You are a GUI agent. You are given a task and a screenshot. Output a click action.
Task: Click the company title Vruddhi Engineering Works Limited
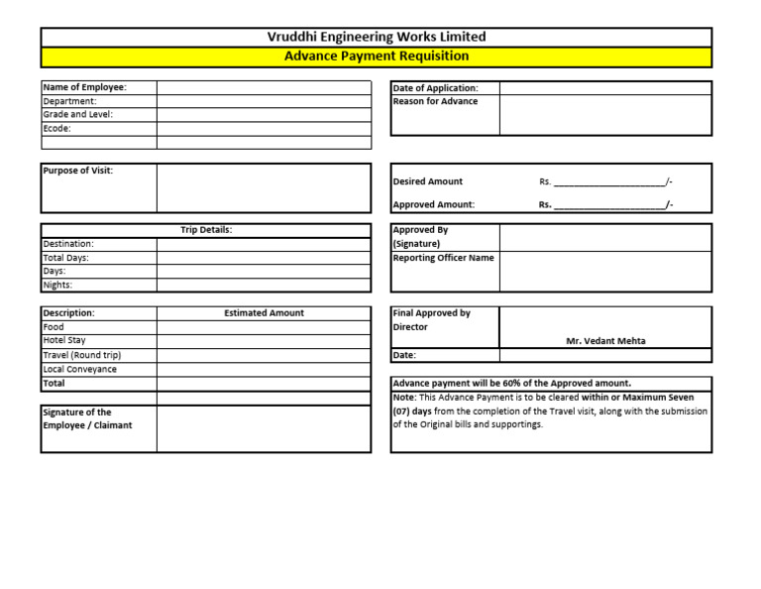(x=377, y=37)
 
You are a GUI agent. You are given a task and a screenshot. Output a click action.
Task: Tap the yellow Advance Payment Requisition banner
(x=377, y=57)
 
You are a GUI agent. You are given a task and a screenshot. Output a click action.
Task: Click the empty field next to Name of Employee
(x=263, y=87)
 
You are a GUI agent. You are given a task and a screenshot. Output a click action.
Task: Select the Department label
(x=69, y=101)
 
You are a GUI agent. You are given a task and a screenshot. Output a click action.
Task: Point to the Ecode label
(x=56, y=128)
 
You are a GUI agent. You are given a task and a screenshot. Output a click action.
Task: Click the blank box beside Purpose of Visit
(x=263, y=188)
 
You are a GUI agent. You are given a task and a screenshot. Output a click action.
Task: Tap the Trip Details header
(x=206, y=230)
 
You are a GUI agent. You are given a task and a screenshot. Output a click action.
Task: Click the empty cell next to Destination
(x=263, y=244)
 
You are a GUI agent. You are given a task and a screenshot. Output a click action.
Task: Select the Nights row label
(x=57, y=286)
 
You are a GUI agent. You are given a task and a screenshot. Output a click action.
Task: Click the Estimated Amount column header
(x=264, y=313)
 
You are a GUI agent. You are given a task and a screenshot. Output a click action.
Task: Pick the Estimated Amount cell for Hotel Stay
(x=263, y=341)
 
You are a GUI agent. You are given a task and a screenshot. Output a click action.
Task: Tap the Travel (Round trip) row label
(x=82, y=355)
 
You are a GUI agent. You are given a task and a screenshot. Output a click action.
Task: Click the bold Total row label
(x=54, y=383)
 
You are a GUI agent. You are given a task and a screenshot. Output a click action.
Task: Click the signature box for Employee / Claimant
(x=263, y=428)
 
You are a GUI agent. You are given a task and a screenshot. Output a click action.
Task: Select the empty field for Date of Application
(x=604, y=88)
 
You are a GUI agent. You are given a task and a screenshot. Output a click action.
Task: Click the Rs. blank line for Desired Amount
(x=609, y=181)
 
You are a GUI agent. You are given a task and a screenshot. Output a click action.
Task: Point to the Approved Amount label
(x=433, y=205)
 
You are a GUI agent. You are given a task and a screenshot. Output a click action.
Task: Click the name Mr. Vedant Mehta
(x=605, y=341)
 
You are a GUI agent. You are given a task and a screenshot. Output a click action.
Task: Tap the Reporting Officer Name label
(x=443, y=258)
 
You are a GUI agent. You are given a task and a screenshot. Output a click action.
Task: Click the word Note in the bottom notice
(x=404, y=398)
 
